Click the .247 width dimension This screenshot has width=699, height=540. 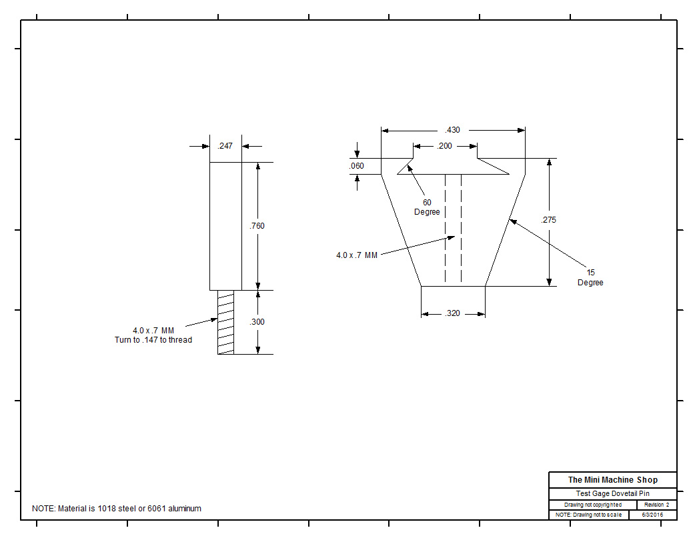[x=225, y=146]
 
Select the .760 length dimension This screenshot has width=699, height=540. [x=257, y=226]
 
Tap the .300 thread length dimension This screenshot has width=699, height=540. [x=256, y=322]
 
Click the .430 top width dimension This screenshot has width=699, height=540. [x=453, y=130]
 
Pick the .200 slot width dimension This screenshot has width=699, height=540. [x=444, y=146]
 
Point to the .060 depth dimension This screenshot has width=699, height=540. [x=357, y=166]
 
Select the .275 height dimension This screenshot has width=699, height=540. [x=549, y=220]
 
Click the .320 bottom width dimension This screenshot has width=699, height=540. [x=453, y=313]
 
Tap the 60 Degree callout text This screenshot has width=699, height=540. [x=427, y=207]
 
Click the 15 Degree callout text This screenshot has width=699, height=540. [x=590, y=277]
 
